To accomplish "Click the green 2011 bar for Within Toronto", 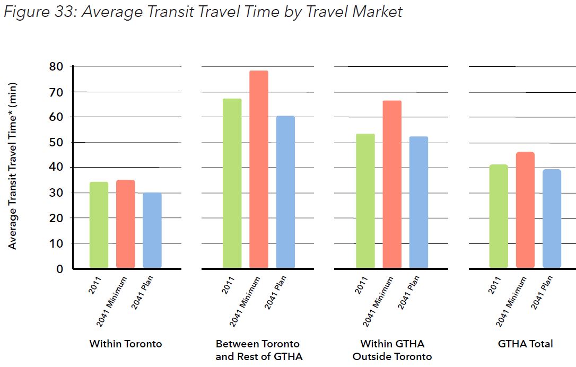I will click(x=99, y=225).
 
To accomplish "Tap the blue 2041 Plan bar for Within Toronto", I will click(x=152, y=230).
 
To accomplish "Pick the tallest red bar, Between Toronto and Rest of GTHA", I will click(x=259, y=169).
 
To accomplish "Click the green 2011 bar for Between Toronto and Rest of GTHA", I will click(x=232, y=183).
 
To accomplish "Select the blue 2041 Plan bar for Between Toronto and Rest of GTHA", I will click(x=285, y=191).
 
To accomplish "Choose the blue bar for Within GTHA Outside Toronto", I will click(x=418, y=202).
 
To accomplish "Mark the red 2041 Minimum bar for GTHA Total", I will click(x=525, y=210).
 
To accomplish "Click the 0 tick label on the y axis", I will click(x=59, y=269).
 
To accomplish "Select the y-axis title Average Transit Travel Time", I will click(x=13, y=165).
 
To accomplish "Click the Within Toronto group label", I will click(x=126, y=344).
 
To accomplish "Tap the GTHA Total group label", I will click(x=525, y=344).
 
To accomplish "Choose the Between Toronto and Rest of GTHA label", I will click(x=258, y=350).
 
